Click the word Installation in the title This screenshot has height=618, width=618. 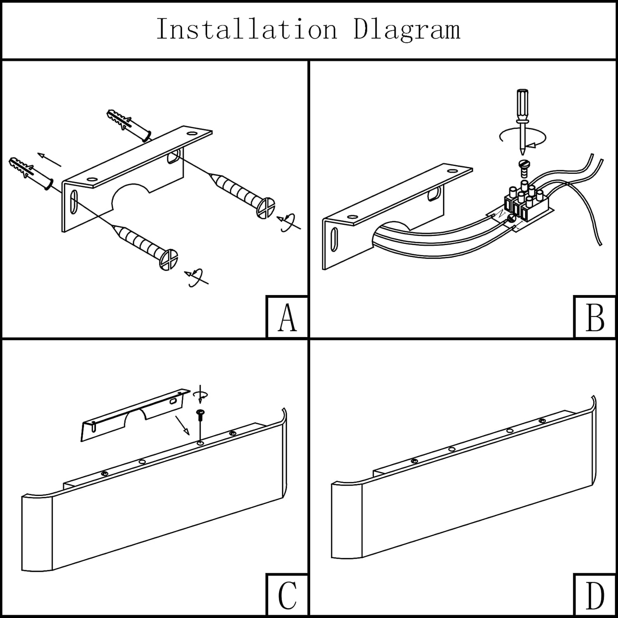coord(246,29)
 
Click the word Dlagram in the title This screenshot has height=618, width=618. coord(407,29)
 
